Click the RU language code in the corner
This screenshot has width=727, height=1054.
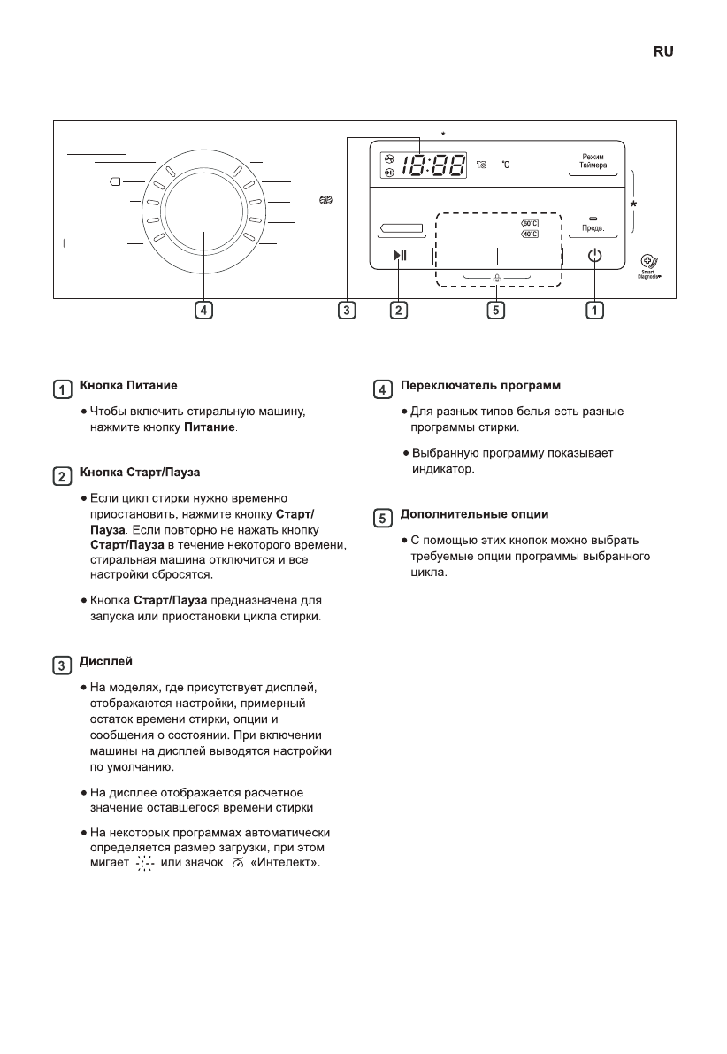(x=663, y=52)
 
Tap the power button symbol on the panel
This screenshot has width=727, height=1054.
(x=594, y=257)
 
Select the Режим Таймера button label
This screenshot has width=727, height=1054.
(x=593, y=161)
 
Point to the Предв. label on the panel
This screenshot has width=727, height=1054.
(x=593, y=228)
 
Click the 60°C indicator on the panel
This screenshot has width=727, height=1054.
(x=531, y=224)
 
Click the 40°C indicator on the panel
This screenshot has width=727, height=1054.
(x=531, y=235)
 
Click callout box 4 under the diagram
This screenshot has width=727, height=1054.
(x=203, y=311)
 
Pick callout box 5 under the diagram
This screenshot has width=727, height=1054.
(x=496, y=311)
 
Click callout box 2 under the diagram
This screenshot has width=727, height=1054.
(x=400, y=311)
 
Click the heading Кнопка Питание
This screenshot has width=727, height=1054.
(x=129, y=387)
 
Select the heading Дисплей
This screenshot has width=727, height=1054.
(x=106, y=662)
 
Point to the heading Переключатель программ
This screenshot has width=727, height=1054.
(x=481, y=387)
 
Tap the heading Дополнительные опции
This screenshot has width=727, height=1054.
(x=475, y=514)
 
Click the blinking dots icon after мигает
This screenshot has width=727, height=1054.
(x=145, y=863)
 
